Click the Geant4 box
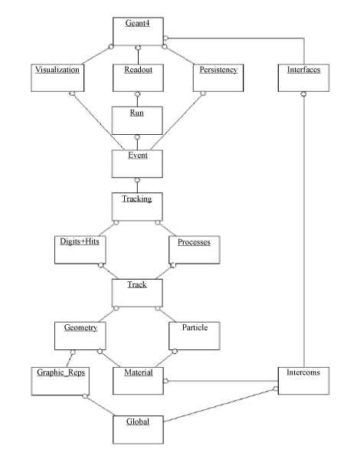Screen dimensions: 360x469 pyautogui.click(x=138, y=31)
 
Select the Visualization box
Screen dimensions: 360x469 pyautogui.click(x=57, y=77)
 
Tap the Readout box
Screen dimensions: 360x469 pyautogui.click(x=138, y=77)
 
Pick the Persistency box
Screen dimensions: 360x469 pyautogui.click(x=218, y=77)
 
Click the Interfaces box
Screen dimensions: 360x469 pyautogui.click(x=303, y=77)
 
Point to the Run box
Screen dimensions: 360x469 pyautogui.click(x=137, y=120)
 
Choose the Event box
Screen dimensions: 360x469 pyautogui.click(x=137, y=164)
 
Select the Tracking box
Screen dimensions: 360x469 pyautogui.click(x=137, y=207)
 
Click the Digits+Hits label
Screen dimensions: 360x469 pyautogui.click(x=80, y=241)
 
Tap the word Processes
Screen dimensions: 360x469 pyautogui.click(x=194, y=242)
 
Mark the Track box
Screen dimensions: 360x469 pyautogui.click(x=137, y=293)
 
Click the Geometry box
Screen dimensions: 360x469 pyautogui.click(x=80, y=336)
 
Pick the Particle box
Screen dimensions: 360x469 pyautogui.click(x=195, y=336)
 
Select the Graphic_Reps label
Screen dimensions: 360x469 pyautogui.click(x=61, y=372)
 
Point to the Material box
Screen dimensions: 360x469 pyautogui.click(x=138, y=381)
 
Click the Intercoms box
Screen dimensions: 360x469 pyautogui.click(x=303, y=381)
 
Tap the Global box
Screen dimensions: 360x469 pyautogui.click(x=138, y=429)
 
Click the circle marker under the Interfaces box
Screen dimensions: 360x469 pyautogui.click(x=303, y=94)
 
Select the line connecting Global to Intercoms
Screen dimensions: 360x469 pyautogui.click(x=220, y=405)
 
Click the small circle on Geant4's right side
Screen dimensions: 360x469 pyautogui.click(x=165, y=38)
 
